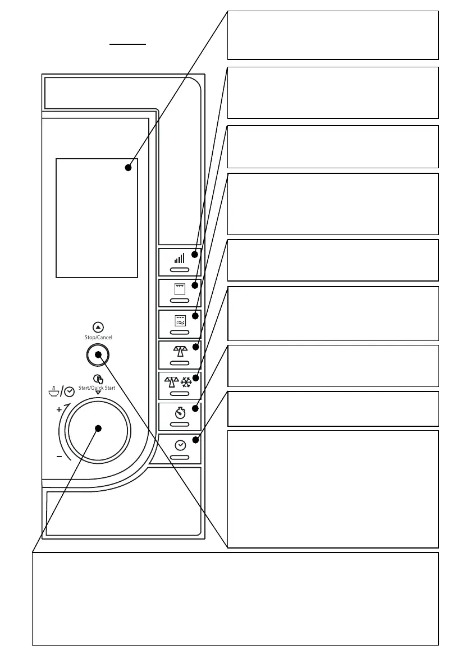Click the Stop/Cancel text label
tap(98, 338)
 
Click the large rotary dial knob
tap(98, 429)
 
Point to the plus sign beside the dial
tap(59, 409)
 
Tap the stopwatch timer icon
tap(180, 413)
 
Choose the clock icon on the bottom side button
tap(180, 445)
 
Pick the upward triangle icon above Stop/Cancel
tap(98, 326)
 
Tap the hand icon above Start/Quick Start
tap(98, 378)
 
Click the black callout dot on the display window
tap(129, 167)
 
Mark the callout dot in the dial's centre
tap(98, 429)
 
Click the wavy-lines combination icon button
tap(180, 320)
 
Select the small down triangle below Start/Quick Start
tap(98, 393)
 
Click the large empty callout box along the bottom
tap(235, 598)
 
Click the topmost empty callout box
tap(332, 35)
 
